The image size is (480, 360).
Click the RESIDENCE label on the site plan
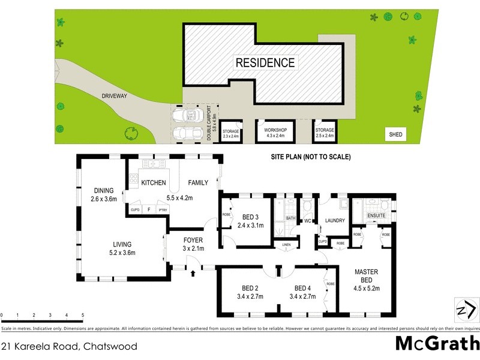pyautogui.click(x=265, y=62)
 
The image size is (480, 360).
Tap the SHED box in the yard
pyautogui.click(x=396, y=135)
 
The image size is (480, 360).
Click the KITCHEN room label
pyautogui.click(x=153, y=182)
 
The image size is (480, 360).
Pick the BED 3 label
pyautogui.click(x=251, y=217)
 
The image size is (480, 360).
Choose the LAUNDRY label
pyautogui.click(x=335, y=220)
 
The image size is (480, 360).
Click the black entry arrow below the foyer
pyautogui.click(x=193, y=274)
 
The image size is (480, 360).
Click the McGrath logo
pyautogui.click(x=437, y=344)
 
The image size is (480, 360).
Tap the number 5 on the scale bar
pyautogui.click(x=82, y=315)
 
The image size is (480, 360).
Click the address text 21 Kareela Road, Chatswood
pyautogui.click(x=69, y=346)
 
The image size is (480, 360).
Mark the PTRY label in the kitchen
pyautogui.click(x=163, y=210)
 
